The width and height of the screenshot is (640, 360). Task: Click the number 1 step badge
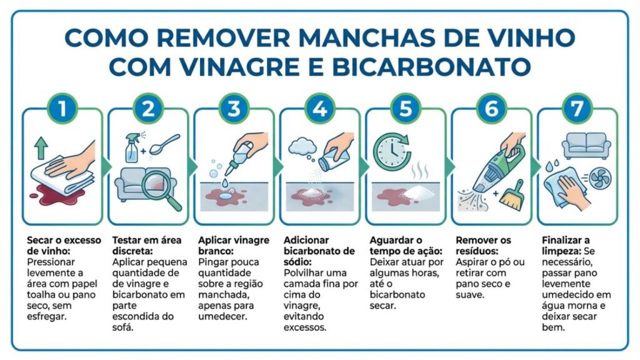62,109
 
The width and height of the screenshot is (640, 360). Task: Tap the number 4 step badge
319,109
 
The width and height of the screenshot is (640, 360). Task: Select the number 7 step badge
577,109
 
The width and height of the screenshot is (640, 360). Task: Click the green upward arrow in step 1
41,147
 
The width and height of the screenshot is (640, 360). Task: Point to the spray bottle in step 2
132,147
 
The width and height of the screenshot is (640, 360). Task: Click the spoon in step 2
164,144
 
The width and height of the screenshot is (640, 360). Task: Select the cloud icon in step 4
302,146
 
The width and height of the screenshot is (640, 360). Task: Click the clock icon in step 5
391,152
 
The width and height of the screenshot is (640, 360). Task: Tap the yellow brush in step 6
512,196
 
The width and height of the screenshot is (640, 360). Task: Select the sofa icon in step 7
586,146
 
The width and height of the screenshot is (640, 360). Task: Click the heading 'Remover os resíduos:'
483,246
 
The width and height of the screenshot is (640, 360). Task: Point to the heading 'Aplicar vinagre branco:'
234,246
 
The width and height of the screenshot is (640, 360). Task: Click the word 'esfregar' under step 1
46,316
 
